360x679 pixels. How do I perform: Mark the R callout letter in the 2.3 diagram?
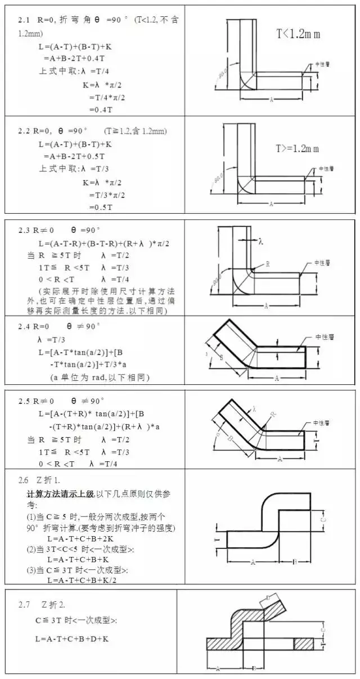[267, 263]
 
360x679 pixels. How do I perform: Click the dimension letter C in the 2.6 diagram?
[322, 520]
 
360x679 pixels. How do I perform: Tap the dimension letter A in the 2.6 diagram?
[253, 561]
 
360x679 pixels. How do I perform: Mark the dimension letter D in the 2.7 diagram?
[269, 597]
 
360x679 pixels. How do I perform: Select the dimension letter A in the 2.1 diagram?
[271, 99]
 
